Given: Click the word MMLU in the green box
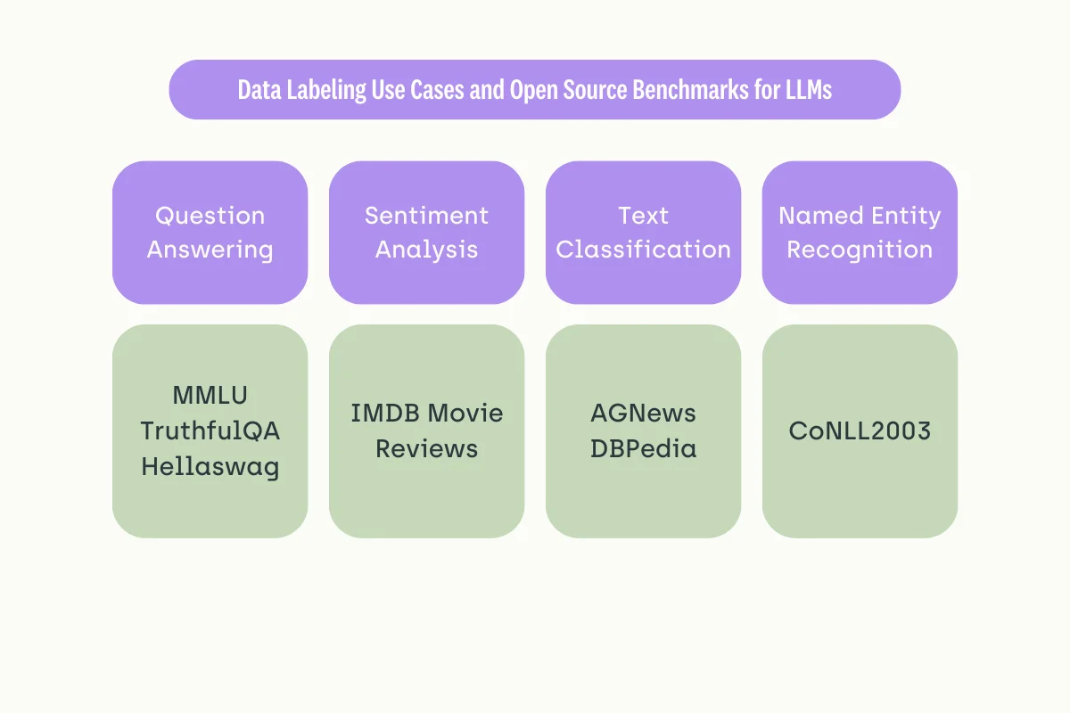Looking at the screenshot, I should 210,395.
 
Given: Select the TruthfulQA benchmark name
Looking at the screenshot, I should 210,431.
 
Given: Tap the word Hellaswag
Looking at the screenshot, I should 210,467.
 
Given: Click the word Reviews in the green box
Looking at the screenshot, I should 426,449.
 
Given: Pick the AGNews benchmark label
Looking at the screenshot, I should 643,414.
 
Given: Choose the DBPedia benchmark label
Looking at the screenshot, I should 643,449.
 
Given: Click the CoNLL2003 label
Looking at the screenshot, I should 860,431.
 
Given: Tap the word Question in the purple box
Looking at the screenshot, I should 210,217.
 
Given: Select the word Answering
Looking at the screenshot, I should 210,250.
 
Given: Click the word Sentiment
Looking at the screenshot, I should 426,217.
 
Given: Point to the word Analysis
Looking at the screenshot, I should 426,250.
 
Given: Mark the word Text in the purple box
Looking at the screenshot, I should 643,217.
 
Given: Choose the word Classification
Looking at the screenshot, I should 643,250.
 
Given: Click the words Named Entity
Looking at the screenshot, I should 860,217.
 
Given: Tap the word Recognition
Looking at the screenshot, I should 860,250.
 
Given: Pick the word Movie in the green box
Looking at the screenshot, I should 465,414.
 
